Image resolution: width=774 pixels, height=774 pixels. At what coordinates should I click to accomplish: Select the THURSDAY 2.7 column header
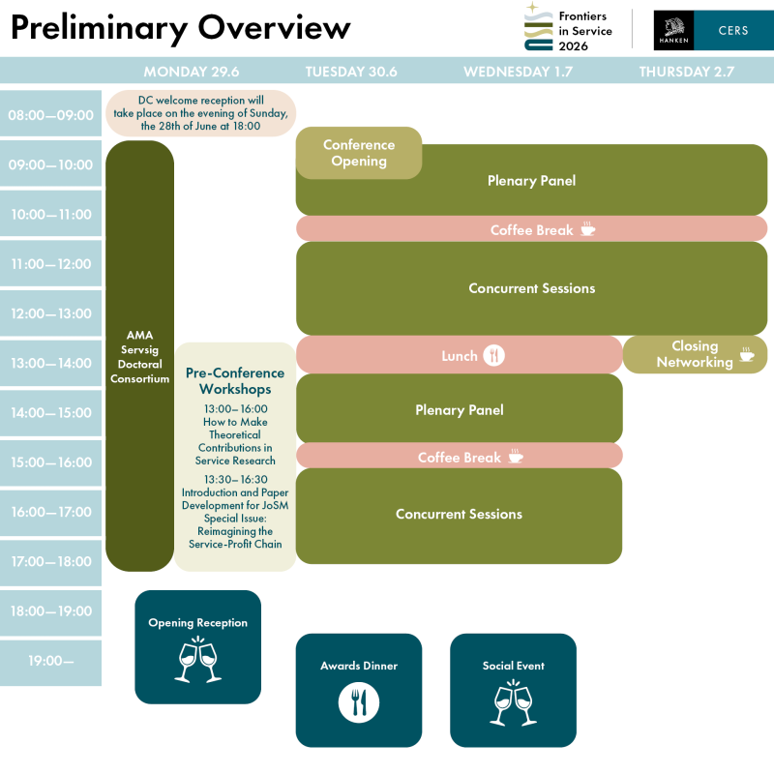686,72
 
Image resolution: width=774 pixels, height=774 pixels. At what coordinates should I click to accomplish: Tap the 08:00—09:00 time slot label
50,115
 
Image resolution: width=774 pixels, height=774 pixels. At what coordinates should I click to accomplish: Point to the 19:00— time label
50,662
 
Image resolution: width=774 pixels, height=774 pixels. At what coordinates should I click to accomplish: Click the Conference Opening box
359,153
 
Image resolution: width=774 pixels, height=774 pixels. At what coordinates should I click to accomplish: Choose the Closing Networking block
695,354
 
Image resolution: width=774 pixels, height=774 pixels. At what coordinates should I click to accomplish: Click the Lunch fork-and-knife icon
493,355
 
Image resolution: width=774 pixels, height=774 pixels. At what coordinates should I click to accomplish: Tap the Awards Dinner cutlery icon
359,702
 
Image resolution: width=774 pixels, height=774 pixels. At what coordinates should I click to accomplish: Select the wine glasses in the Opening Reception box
197,662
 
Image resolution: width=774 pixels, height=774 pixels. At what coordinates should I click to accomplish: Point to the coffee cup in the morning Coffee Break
587,229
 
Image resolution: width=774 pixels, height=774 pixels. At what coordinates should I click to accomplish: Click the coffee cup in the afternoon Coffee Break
516,456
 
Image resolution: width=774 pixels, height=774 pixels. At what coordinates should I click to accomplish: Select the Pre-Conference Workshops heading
235,380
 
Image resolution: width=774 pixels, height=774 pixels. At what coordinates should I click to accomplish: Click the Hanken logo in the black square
672,30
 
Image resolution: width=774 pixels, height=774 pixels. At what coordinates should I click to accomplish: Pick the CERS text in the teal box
732,30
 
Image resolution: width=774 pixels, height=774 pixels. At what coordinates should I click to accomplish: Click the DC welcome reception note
200,112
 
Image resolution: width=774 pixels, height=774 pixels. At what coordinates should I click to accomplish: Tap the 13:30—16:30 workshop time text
235,479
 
